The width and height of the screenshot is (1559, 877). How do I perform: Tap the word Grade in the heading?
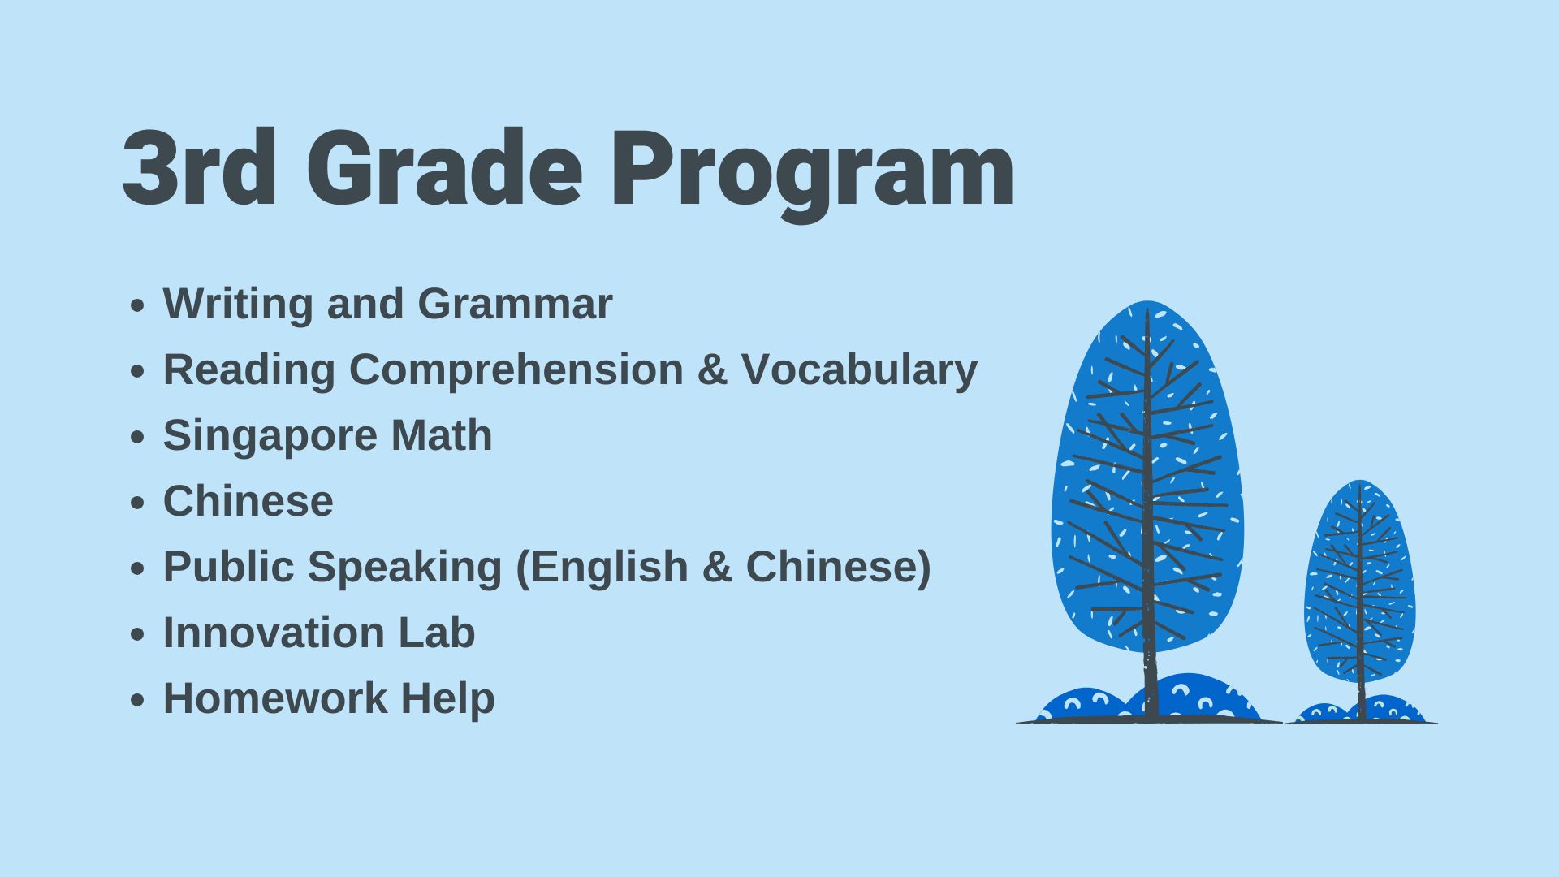point(445,167)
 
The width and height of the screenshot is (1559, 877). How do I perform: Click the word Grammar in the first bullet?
point(515,304)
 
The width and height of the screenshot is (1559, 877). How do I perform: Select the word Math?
point(442,435)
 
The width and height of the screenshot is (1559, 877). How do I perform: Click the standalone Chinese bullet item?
point(248,501)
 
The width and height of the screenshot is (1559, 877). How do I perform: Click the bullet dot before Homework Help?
point(137,700)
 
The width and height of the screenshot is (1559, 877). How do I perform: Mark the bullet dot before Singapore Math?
point(137,437)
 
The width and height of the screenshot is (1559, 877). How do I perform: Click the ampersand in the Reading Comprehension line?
point(712,370)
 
